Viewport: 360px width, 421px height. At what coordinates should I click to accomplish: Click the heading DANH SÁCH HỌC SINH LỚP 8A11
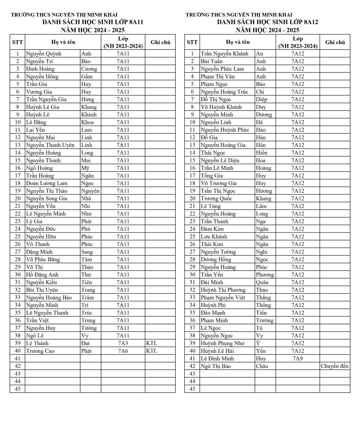(93, 22)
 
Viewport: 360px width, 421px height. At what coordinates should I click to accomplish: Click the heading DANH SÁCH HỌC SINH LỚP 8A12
(267, 22)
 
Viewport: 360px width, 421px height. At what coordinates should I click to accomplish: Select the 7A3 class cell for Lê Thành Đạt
(123, 343)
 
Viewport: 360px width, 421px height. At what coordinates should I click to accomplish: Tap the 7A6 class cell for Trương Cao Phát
(123, 351)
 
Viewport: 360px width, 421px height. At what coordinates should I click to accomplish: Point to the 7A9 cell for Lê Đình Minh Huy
(297, 358)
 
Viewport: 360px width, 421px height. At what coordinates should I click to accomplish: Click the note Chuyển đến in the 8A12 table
(334, 366)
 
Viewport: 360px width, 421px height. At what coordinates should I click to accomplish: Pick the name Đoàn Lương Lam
(47, 183)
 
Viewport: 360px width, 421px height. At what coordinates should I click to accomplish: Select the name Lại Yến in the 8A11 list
(35, 130)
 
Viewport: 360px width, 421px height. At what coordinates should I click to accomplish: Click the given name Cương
(89, 69)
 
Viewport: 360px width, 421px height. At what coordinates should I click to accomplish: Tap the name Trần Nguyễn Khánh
(224, 54)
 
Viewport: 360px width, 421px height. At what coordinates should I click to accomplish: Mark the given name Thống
(263, 305)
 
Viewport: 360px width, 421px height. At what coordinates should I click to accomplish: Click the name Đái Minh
(212, 282)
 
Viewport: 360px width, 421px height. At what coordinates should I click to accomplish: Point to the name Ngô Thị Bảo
(216, 366)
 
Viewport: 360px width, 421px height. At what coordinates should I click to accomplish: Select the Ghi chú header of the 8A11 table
(160, 42)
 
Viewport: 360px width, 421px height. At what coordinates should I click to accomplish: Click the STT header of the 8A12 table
(192, 42)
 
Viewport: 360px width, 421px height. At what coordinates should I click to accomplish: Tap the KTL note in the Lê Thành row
(152, 343)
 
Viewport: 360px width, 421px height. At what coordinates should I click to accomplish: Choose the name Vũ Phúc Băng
(43, 259)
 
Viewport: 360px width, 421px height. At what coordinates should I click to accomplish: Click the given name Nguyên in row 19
(90, 191)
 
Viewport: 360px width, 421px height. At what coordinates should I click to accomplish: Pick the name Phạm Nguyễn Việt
(223, 298)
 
